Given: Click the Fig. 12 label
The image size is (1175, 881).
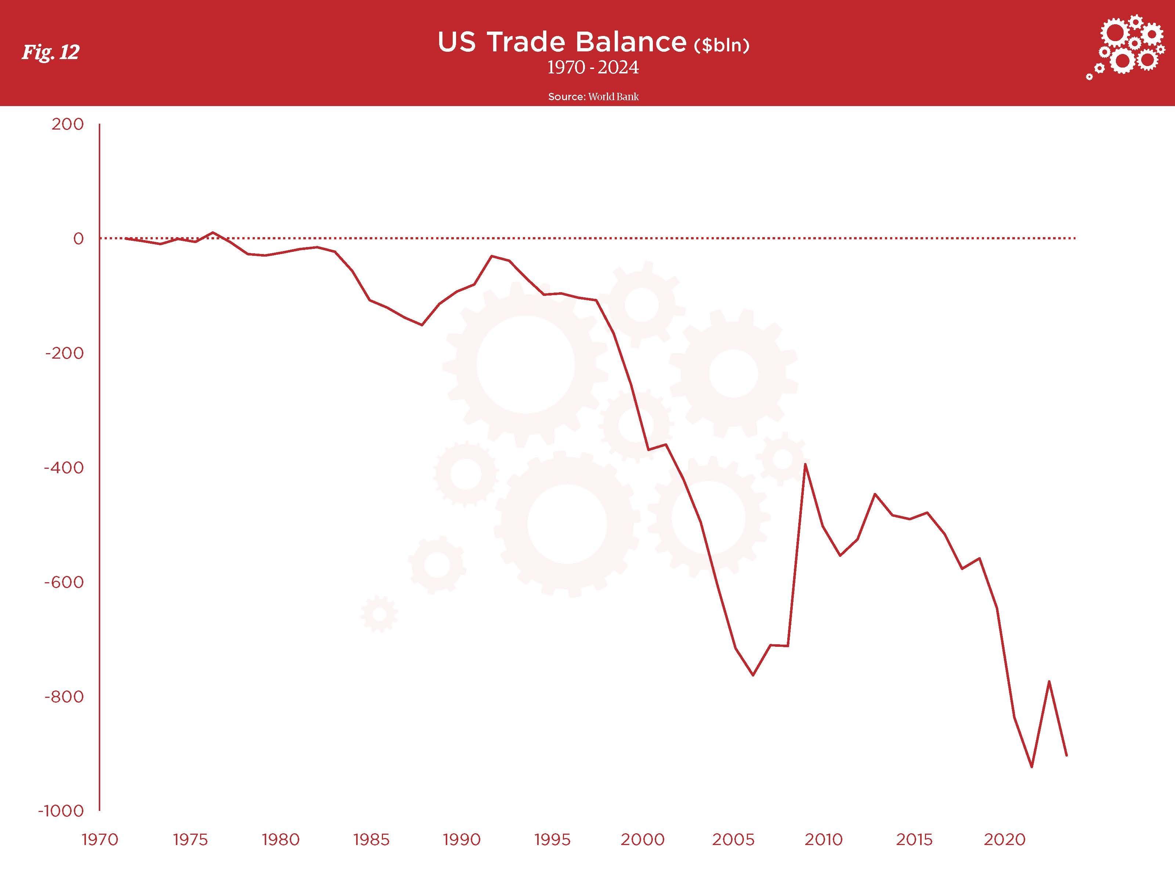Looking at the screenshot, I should click(x=50, y=52).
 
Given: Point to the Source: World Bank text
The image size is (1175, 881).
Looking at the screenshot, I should click(x=593, y=97).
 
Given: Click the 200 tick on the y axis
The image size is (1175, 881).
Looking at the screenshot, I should click(x=68, y=124).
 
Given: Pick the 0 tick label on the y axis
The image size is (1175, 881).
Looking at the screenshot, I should click(x=78, y=239).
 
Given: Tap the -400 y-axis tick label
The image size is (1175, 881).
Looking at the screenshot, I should click(x=64, y=468).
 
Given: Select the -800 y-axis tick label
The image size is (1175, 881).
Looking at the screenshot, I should click(x=64, y=697).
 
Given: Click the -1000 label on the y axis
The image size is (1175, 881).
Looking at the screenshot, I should click(x=61, y=811).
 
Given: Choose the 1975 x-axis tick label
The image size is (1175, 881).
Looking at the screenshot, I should click(x=190, y=840).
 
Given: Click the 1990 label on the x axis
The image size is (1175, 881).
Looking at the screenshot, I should click(x=462, y=840).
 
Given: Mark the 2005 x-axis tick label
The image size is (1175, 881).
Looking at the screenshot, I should click(x=733, y=840).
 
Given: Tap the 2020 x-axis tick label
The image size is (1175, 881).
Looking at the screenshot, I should click(x=1005, y=840).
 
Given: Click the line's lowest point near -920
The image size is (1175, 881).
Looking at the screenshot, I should click(x=1031, y=767).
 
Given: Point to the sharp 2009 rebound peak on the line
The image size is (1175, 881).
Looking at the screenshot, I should click(x=805, y=464).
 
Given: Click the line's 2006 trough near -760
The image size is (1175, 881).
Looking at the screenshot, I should click(x=753, y=675).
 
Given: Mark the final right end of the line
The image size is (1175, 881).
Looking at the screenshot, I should click(x=1067, y=755).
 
